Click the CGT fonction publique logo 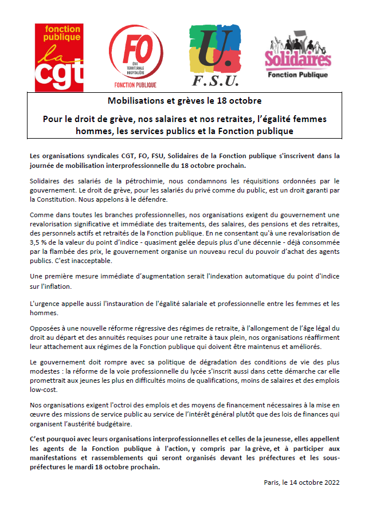point(59,57)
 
